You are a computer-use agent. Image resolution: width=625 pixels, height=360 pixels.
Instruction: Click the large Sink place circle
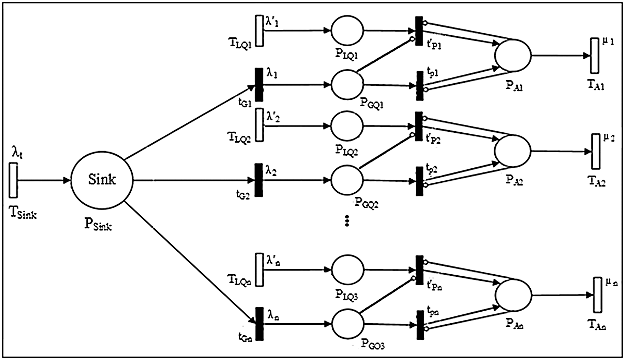coord(102,180)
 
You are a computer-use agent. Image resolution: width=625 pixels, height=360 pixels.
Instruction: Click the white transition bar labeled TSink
coord(13,180)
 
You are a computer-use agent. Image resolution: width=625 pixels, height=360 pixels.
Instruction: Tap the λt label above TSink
coord(17,153)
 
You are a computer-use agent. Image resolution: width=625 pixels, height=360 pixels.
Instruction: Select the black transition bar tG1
coord(259,85)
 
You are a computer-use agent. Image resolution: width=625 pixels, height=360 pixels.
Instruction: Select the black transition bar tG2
coord(259,180)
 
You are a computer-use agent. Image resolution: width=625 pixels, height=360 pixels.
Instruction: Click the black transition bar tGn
coord(260,323)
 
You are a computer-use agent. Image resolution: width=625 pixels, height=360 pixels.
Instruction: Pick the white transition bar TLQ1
coord(259,31)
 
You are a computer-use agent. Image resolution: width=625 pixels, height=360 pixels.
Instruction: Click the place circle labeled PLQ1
coord(347,30)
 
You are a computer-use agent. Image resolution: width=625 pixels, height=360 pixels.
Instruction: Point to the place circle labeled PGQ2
coord(347,180)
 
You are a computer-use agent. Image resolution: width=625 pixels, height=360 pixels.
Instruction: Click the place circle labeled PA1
coord(512,55)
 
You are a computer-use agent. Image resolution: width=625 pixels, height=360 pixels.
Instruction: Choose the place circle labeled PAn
coord(513,295)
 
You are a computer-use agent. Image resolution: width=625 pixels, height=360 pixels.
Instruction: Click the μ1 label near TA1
coord(608,42)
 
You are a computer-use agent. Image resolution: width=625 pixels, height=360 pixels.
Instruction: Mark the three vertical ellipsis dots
coord(347,221)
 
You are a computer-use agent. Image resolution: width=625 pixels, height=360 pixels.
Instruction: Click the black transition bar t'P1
coord(419,31)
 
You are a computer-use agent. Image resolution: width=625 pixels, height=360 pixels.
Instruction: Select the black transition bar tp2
coord(419,181)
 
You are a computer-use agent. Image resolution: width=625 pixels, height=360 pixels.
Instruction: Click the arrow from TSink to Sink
coord(43,180)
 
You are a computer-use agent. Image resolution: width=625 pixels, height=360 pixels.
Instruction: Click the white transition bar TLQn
coord(259,269)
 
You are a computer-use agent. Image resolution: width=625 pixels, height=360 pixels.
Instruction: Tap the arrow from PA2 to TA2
coord(559,151)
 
